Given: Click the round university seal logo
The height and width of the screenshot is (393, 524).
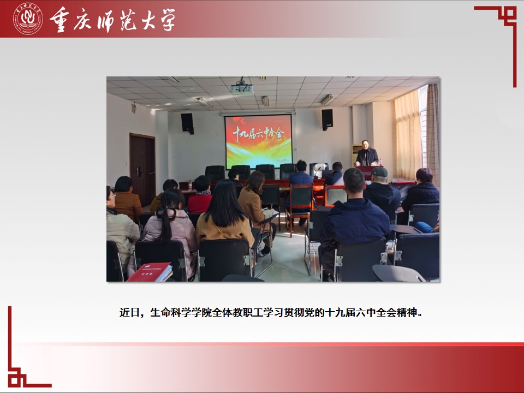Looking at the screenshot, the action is point(28,19).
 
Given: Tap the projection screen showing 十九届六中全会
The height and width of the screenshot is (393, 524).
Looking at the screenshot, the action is point(258,141).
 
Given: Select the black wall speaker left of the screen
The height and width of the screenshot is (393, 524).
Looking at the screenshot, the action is point(187,123).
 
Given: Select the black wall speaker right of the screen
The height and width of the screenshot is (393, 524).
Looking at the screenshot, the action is point(327,119).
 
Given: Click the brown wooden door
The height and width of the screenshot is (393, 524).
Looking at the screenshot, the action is point(142,169).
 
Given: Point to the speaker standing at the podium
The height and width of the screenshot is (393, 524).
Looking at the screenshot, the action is point(366,154).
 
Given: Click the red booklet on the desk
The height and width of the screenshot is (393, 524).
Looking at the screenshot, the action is point(150,272).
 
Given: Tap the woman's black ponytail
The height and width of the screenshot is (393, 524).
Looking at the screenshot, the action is point(164,221).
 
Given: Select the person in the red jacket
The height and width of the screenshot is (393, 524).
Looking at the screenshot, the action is point(200,195).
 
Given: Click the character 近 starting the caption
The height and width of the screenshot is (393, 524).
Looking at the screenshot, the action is point(124,312).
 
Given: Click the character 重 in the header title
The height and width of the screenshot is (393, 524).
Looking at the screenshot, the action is point(60,20).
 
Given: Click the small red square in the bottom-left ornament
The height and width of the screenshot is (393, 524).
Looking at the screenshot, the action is point(14,380).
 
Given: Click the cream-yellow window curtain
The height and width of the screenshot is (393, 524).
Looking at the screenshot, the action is point(407,135).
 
